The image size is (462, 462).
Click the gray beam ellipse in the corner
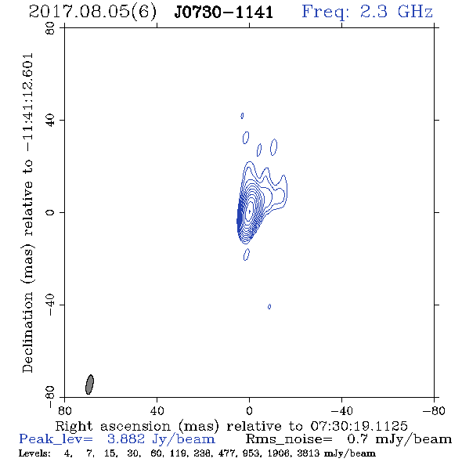click(x=89, y=384)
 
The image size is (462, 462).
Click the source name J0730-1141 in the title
click(x=224, y=13)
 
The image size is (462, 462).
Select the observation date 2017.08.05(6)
click(x=92, y=13)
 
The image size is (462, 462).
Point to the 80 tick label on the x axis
click(x=64, y=410)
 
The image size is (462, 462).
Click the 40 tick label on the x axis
click(x=157, y=410)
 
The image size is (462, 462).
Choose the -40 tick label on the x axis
click(x=341, y=410)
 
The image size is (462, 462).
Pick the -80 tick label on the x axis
click(x=434, y=410)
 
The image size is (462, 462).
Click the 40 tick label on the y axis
click(x=50, y=120)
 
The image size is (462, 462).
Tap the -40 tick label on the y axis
click(x=50, y=305)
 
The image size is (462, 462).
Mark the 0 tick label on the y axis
click(x=50, y=212)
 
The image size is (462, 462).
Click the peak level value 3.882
click(x=126, y=439)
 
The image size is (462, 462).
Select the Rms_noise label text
click(x=289, y=439)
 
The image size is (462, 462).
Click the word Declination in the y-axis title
click(x=27, y=332)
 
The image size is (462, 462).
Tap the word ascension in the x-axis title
click(x=135, y=426)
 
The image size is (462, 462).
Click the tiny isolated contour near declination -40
click(x=269, y=307)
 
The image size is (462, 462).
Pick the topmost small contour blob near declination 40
click(x=242, y=116)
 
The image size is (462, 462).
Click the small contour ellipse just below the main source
click(x=247, y=254)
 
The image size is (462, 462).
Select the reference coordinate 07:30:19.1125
click(x=359, y=426)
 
